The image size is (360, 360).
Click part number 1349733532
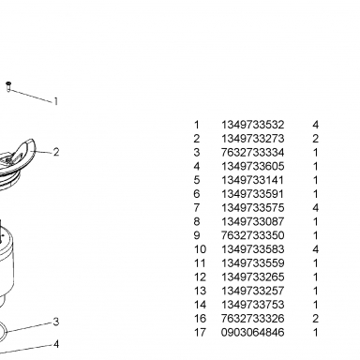pos(253,125)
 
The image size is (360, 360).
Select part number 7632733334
pos(253,153)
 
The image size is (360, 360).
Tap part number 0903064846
pos(253,332)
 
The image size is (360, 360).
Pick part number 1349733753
pos(253,305)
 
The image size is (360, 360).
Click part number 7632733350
pos(253,235)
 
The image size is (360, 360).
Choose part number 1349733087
pos(253,221)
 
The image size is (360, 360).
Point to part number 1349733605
pos(253,166)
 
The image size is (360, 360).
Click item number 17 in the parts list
pos(200,332)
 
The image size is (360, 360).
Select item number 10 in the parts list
pos(200,249)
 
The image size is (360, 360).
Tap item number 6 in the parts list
pos(197,194)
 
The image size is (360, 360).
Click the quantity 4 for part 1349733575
pos(316,208)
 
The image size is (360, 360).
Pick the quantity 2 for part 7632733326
pos(316,319)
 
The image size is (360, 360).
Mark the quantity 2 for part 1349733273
pos(316,139)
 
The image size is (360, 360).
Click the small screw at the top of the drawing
pos(8,86)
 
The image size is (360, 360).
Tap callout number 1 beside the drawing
pos(56,101)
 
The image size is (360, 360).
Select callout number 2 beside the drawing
pos(56,152)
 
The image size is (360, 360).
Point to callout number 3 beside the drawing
pos(56,322)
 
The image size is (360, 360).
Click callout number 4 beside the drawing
pos(56,344)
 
